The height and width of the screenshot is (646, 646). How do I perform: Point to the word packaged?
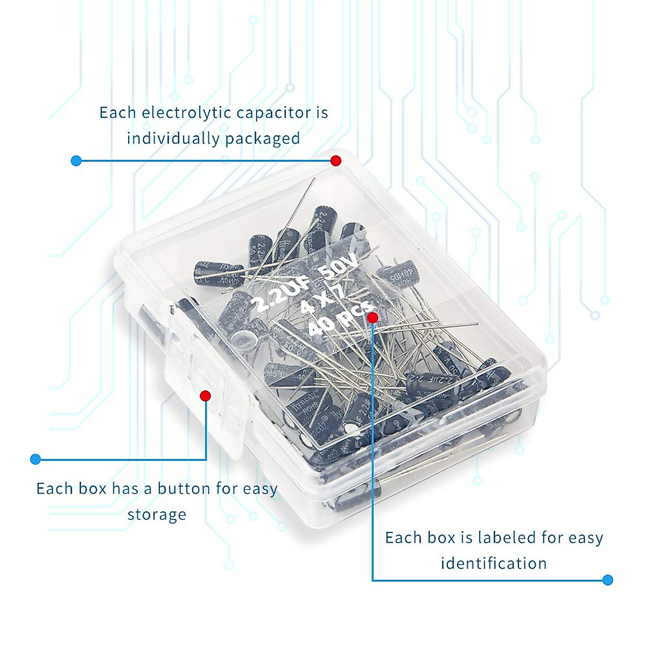(x=263, y=139)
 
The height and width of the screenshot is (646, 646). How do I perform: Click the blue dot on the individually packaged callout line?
(x=76, y=160)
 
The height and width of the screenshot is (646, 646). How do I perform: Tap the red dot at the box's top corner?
(x=336, y=160)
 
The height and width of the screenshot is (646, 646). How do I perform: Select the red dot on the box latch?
(x=205, y=396)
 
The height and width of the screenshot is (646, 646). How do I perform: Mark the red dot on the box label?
(x=372, y=318)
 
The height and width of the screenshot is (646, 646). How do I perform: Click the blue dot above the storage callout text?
(x=36, y=459)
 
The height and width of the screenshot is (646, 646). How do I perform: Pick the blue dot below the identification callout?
(x=608, y=580)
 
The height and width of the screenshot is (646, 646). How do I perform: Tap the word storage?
(x=157, y=515)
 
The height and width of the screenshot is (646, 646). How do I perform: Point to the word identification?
(x=494, y=564)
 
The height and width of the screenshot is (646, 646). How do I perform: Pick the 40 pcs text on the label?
(x=340, y=319)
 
